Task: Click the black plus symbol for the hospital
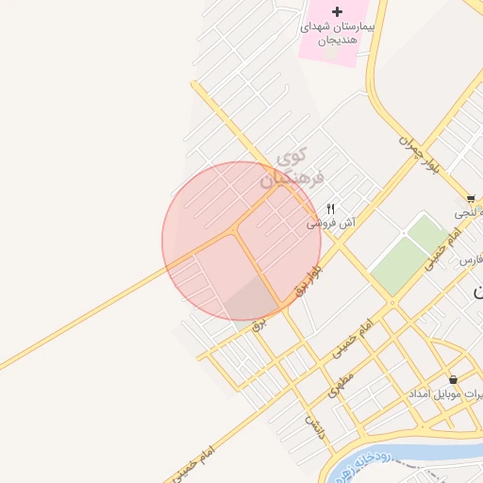click(311, 10)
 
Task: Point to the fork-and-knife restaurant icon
click(330, 208)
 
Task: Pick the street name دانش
click(313, 422)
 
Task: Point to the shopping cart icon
click(471, 199)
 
